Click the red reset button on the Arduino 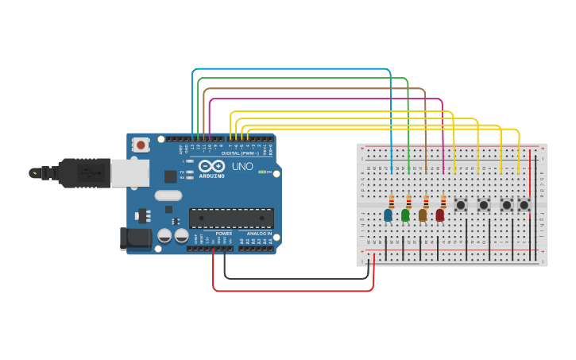[141, 145]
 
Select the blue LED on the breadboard [388, 215]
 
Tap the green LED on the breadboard [405, 215]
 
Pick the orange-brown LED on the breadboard [423, 215]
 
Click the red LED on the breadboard [440, 215]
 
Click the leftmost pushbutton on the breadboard [461, 205]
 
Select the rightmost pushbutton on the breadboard [524, 205]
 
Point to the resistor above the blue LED [391, 201]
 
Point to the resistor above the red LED [443, 201]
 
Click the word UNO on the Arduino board [242, 167]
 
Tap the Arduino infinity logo [212, 166]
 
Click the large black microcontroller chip [231, 219]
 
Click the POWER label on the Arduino [224, 234]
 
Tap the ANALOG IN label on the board [259, 234]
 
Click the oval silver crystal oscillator [168, 195]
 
